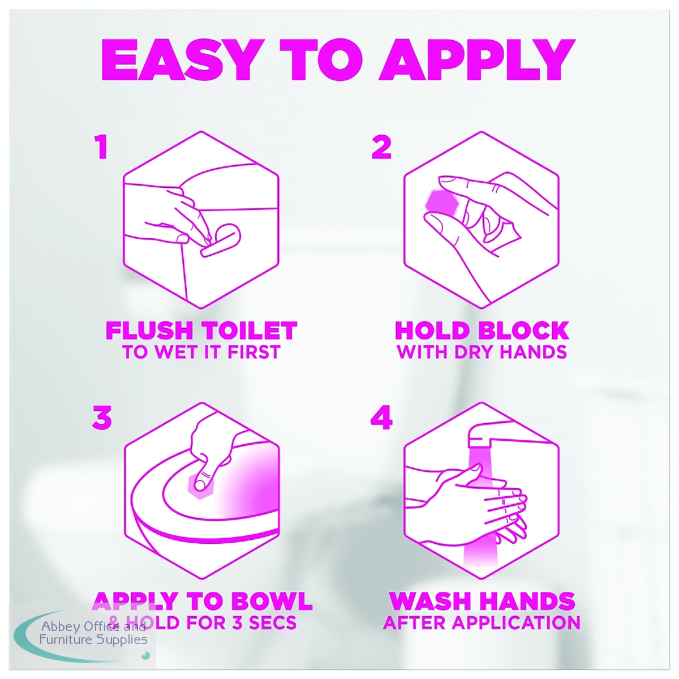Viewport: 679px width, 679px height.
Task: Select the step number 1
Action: [x=102, y=148]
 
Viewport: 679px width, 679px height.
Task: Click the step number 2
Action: [x=381, y=148]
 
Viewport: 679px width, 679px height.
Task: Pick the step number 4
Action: [x=381, y=418]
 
